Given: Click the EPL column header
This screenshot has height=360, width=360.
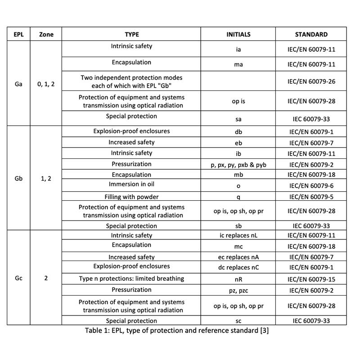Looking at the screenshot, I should click(x=18, y=34).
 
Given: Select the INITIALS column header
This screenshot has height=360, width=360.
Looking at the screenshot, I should click(x=238, y=34).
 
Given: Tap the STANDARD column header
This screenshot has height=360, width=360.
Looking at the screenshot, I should click(x=311, y=34).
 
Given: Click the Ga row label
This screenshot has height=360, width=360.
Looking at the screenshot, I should click(x=18, y=84).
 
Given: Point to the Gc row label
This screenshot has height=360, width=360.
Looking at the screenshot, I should click(x=18, y=278).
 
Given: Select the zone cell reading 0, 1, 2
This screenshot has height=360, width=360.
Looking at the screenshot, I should click(x=46, y=84).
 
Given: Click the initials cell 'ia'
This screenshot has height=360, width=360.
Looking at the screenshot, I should click(x=238, y=49).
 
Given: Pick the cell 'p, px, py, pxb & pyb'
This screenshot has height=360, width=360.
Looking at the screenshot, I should click(x=238, y=165).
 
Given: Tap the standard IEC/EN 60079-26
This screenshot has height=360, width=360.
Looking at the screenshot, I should click(x=311, y=81).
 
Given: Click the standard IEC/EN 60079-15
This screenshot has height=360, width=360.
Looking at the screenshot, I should click(x=311, y=279).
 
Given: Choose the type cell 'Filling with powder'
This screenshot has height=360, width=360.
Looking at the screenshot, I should click(x=131, y=197).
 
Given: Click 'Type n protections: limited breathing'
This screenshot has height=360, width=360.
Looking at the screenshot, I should click(x=131, y=279).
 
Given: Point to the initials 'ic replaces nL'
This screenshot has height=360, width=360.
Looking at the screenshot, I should click(x=238, y=236).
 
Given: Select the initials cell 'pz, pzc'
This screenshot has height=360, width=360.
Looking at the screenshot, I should click(x=238, y=291).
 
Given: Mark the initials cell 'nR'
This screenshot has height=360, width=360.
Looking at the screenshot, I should click(x=238, y=279).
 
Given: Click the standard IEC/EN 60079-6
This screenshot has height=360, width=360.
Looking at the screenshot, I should click(x=311, y=186).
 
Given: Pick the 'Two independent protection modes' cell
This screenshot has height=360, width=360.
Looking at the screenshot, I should click(x=131, y=81).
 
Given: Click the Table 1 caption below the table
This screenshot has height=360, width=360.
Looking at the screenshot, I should click(x=177, y=331).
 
